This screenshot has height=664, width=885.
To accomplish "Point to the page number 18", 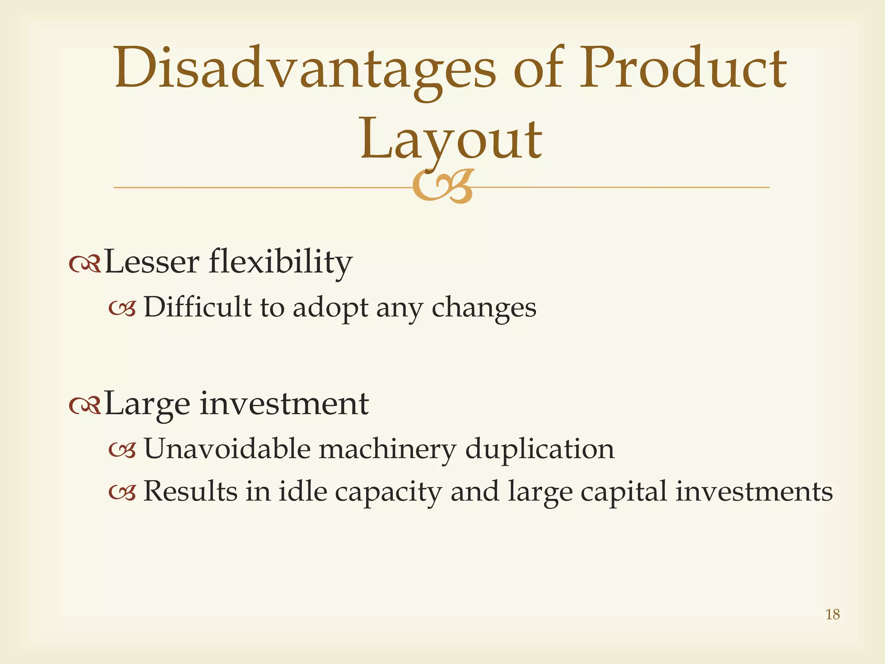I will (832, 614).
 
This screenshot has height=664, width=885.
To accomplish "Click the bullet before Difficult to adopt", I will (122, 309).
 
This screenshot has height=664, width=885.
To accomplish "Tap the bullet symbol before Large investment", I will (85, 405).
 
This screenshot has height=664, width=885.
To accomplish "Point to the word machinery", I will (387, 450).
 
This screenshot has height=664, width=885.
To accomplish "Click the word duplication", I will (539, 450).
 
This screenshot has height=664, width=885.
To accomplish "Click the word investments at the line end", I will (754, 492).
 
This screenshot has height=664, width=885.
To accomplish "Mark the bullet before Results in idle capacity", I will (122, 492).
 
